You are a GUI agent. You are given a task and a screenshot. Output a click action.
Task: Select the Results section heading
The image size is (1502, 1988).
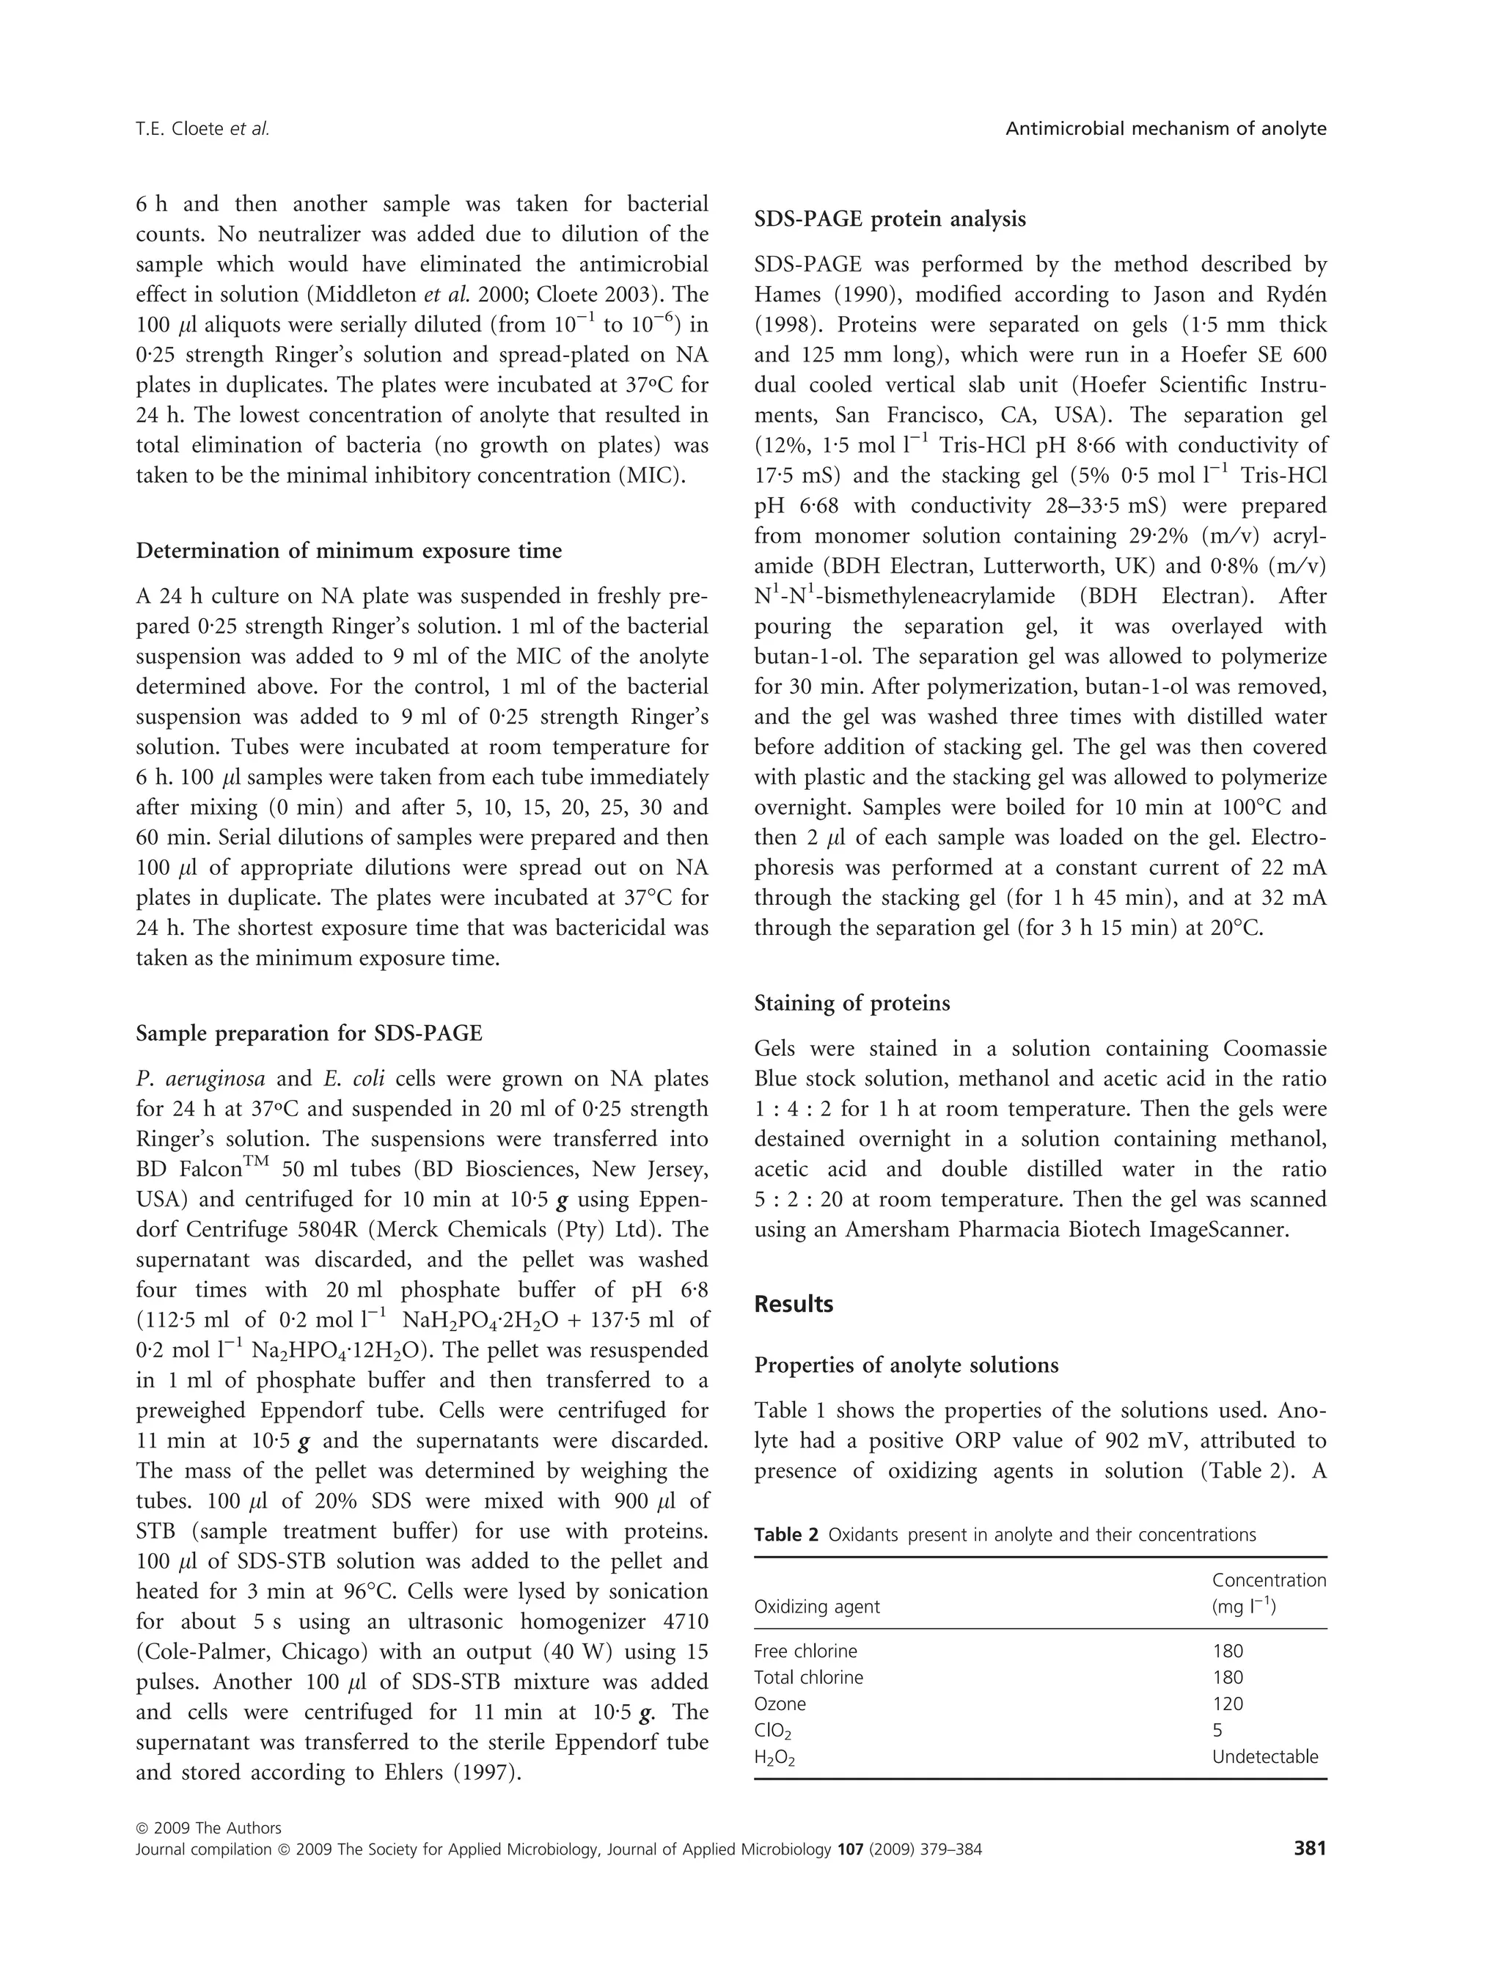pyautogui.click(x=794, y=1304)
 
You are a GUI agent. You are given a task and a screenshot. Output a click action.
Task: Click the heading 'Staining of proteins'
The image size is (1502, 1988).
pyautogui.click(x=852, y=1003)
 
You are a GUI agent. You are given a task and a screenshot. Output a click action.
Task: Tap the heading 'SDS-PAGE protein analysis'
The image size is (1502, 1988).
pyautogui.click(x=890, y=219)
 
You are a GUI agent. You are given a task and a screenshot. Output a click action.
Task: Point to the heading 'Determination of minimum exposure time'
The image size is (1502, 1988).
pyautogui.click(x=349, y=551)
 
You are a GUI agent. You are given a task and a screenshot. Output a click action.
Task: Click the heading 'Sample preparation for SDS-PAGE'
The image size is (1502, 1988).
pyautogui.click(x=309, y=1033)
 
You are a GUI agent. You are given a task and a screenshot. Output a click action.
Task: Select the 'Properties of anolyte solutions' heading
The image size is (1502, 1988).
pyautogui.click(x=906, y=1365)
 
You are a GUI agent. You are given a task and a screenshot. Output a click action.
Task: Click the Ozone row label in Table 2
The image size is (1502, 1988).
pyautogui.click(x=780, y=1704)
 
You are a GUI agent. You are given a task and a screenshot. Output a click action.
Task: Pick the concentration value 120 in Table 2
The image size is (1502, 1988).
pyautogui.click(x=1228, y=1704)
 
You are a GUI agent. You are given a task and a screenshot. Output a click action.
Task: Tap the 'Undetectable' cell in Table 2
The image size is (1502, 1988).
pyautogui.click(x=1264, y=1756)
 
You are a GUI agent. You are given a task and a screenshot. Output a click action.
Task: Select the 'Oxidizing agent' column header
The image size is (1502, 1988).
pyautogui.click(x=817, y=1607)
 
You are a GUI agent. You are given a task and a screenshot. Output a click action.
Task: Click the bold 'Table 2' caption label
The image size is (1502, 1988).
pyautogui.click(x=785, y=1534)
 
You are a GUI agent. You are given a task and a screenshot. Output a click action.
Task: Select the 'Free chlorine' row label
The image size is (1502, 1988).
pyautogui.click(x=805, y=1651)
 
